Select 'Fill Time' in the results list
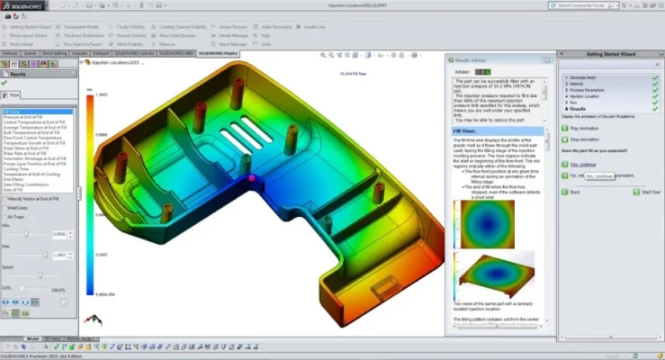tap(13, 111)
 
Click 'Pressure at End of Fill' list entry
tap(24, 116)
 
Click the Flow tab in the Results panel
tap(15, 94)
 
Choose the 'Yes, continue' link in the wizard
tap(585, 164)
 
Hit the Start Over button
tap(647, 192)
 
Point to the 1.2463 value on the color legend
tap(103, 94)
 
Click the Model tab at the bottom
tap(33, 338)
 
